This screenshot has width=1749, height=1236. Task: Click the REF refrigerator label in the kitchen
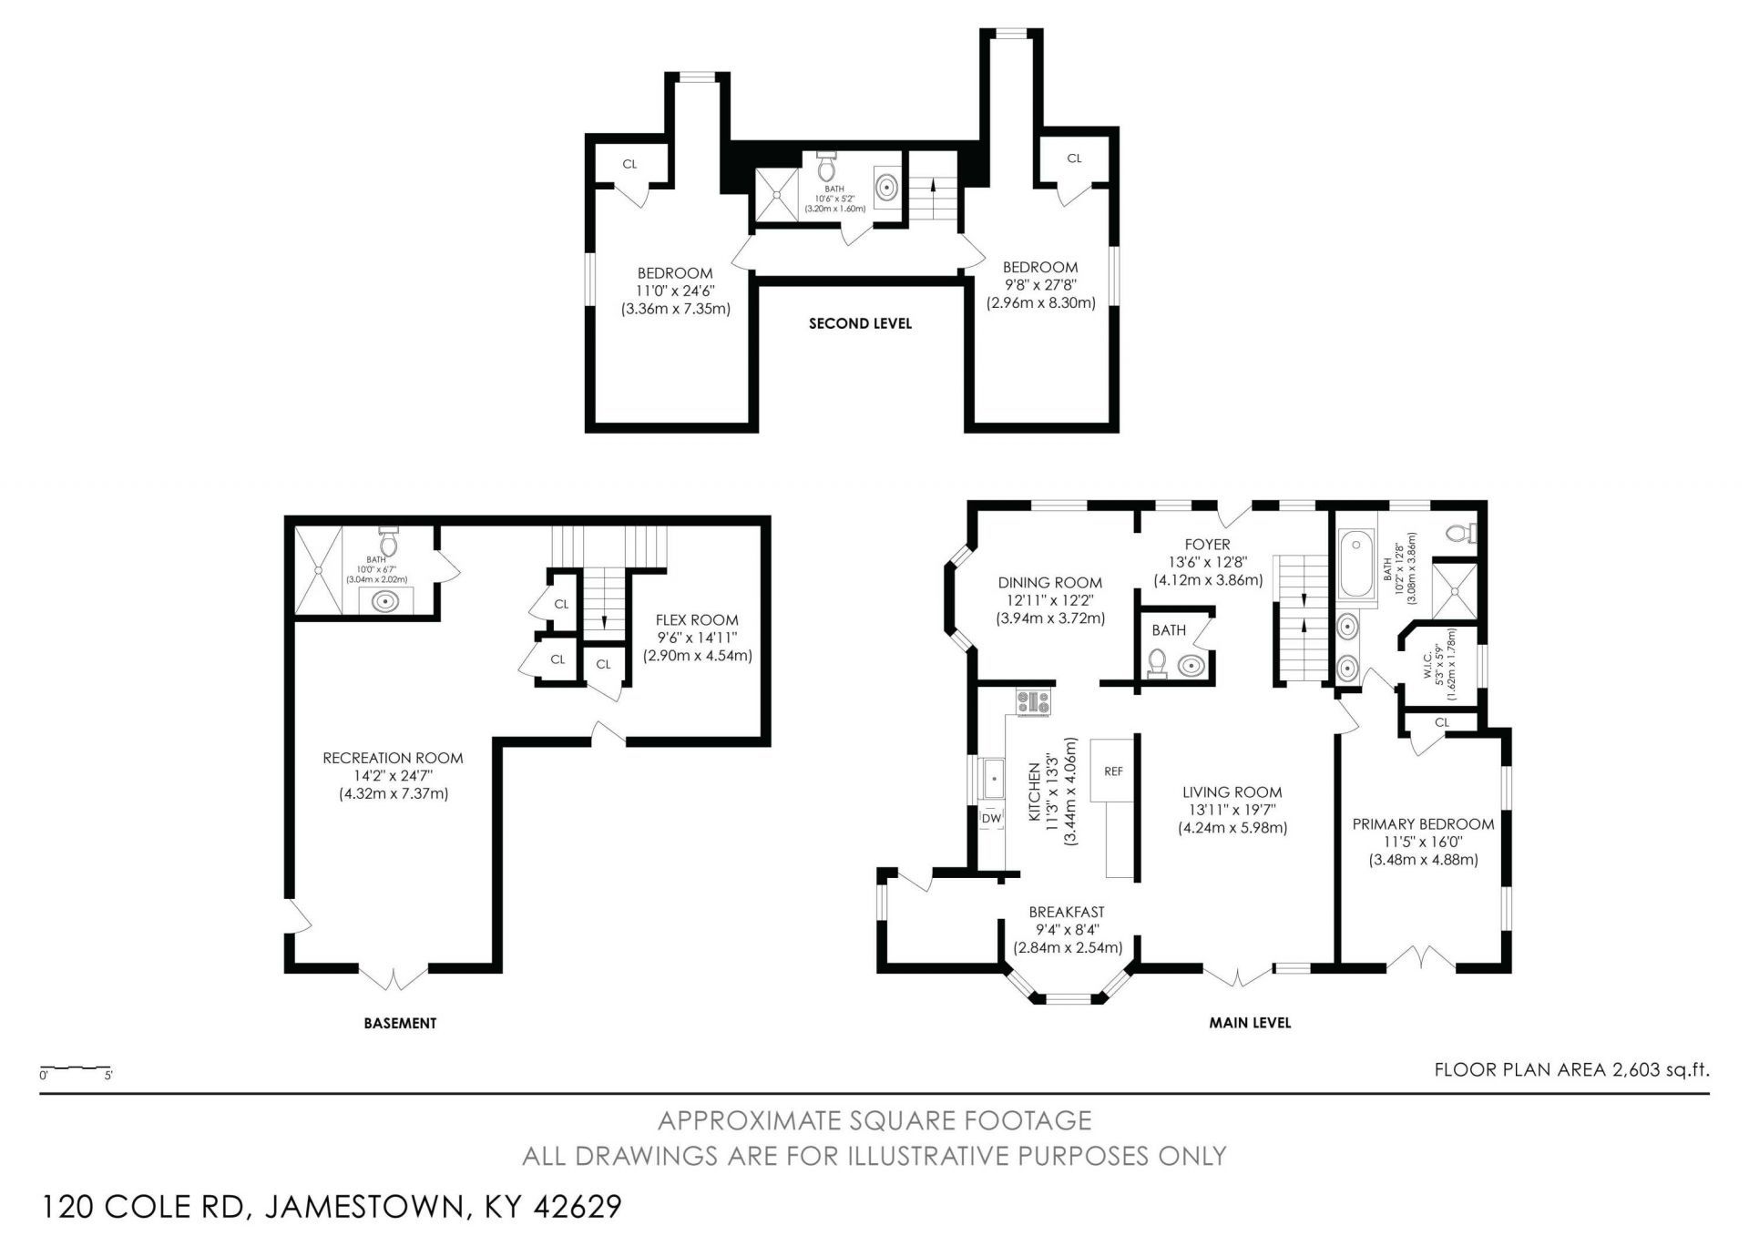click(1113, 771)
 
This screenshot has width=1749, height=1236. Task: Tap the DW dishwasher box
click(991, 819)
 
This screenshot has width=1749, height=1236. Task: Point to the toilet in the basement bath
click(388, 540)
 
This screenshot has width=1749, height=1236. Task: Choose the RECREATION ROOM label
click(394, 758)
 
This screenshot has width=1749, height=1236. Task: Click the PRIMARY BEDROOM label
click(1423, 824)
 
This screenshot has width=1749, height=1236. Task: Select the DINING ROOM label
click(1050, 583)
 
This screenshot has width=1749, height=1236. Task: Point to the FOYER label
click(1208, 545)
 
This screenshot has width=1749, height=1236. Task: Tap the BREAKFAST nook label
click(1067, 912)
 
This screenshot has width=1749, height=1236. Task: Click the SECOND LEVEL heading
click(860, 323)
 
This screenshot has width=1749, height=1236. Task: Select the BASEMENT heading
click(400, 1023)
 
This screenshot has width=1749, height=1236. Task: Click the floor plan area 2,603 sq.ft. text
click(1571, 1069)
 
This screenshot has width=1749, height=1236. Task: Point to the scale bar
click(76, 1067)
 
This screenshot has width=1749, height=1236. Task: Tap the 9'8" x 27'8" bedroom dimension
click(1040, 285)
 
